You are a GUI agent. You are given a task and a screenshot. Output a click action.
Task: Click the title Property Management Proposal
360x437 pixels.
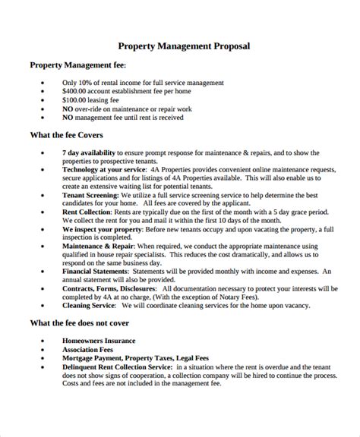pyautogui.click(x=185, y=46)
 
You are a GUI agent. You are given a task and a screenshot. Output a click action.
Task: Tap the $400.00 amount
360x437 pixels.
pyautogui.click(x=76, y=91)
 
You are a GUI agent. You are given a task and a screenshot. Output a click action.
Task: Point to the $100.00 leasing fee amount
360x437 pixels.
pyautogui.click(x=76, y=100)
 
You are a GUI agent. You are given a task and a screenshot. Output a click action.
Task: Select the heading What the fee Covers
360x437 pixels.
pyautogui.click(x=72, y=136)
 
